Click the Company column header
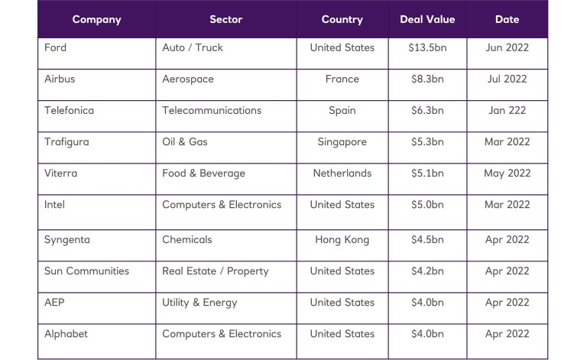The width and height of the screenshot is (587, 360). click(96, 19)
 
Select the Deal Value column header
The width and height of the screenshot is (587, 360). click(426, 19)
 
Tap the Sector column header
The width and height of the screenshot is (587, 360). click(225, 19)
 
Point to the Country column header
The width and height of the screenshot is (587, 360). click(342, 19)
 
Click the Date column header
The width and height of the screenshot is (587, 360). click(507, 19)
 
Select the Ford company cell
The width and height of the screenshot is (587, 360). click(56, 47)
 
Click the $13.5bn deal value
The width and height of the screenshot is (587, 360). click(426, 47)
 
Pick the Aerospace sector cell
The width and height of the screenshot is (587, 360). click(188, 79)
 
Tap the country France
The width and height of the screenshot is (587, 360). click(342, 79)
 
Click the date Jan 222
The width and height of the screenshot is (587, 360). click(507, 110)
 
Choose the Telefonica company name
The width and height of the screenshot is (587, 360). click(70, 110)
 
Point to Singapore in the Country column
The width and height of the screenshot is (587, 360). click(342, 141)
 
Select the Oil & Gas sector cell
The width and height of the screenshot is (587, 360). click(185, 141)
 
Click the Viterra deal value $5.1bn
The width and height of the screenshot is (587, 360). click(426, 173)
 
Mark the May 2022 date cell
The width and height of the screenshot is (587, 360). click(507, 173)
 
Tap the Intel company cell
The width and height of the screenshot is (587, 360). click(55, 204)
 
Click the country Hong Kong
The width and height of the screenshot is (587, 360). click(342, 239)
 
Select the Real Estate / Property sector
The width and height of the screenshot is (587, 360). click(216, 271)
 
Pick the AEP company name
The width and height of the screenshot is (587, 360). click(54, 302)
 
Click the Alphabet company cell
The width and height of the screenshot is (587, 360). click(66, 333)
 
